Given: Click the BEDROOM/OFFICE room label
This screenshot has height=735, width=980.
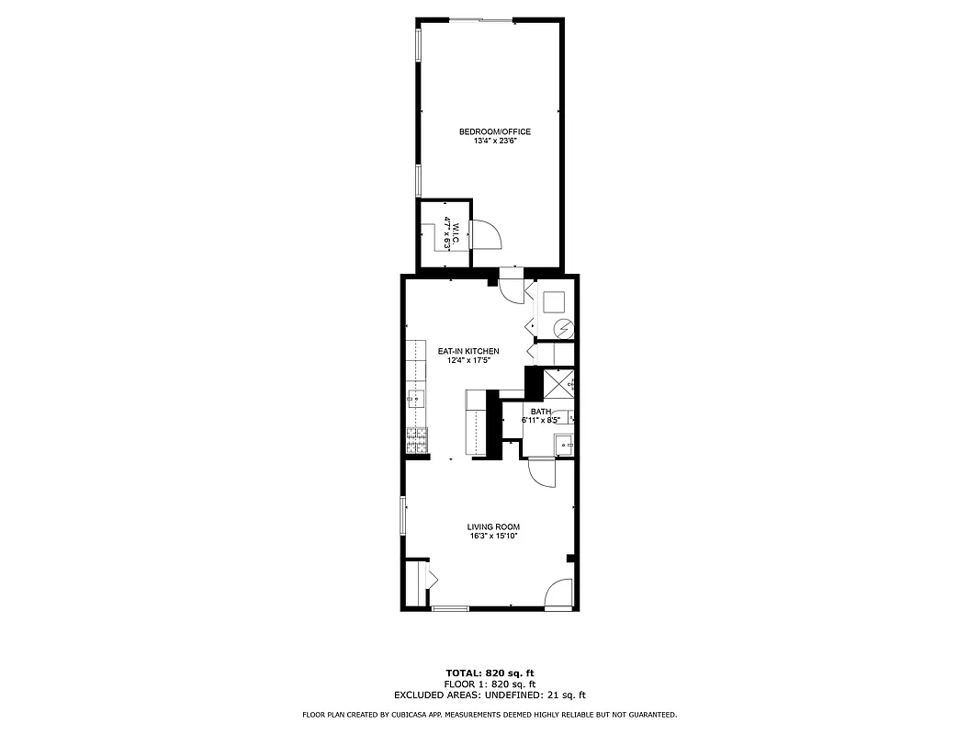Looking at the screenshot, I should click(x=494, y=131).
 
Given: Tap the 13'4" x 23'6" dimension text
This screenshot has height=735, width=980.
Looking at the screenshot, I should click(x=494, y=141).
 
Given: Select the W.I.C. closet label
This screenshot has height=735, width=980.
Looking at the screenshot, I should click(x=446, y=233).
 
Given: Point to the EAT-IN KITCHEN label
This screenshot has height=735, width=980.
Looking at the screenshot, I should click(x=467, y=351).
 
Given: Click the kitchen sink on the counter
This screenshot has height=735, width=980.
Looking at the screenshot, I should click(x=416, y=399).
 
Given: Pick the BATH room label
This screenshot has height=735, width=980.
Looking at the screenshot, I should click(x=540, y=412).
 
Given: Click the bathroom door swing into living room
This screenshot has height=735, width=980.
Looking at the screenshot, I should click(x=542, y=472).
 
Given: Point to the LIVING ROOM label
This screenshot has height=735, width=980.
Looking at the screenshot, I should click(x=493, y=526).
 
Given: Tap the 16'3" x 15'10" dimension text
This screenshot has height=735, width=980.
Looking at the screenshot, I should click(x=493, y=537).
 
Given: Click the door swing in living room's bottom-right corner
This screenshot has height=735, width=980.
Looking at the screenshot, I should click(x=558, y=595).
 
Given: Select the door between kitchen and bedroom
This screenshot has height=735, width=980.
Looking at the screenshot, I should click(x=511, y=284).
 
